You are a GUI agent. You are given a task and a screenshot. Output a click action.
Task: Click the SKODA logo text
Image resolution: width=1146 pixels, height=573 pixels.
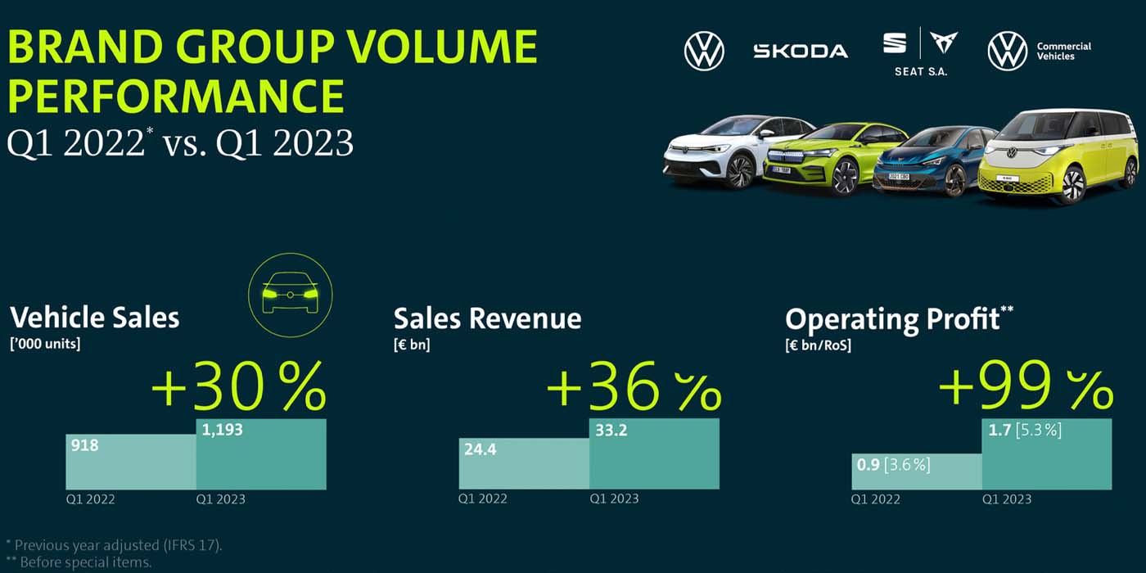coord(800,51)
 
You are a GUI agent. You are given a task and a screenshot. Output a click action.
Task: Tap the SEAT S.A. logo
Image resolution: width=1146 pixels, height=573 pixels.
coord(919,52)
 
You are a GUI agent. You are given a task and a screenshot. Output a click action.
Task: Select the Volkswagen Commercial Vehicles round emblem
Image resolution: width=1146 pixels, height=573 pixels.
coord(1007,51)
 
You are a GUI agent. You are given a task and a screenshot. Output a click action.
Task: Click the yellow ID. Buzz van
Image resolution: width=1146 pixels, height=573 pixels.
coord(1060,156)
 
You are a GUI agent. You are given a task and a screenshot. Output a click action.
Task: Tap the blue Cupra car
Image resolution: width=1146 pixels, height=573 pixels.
coord(933,161)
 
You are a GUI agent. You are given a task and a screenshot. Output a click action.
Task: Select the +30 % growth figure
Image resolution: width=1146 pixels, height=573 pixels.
coord(238,388)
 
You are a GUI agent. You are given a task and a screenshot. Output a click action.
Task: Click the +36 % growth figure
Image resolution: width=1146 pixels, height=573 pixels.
coord(633,388)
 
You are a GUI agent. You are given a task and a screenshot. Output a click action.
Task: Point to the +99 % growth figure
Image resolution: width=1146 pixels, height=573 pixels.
coord(1025,388)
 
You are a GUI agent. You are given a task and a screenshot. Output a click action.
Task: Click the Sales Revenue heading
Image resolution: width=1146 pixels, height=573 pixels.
coord(487,318)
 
